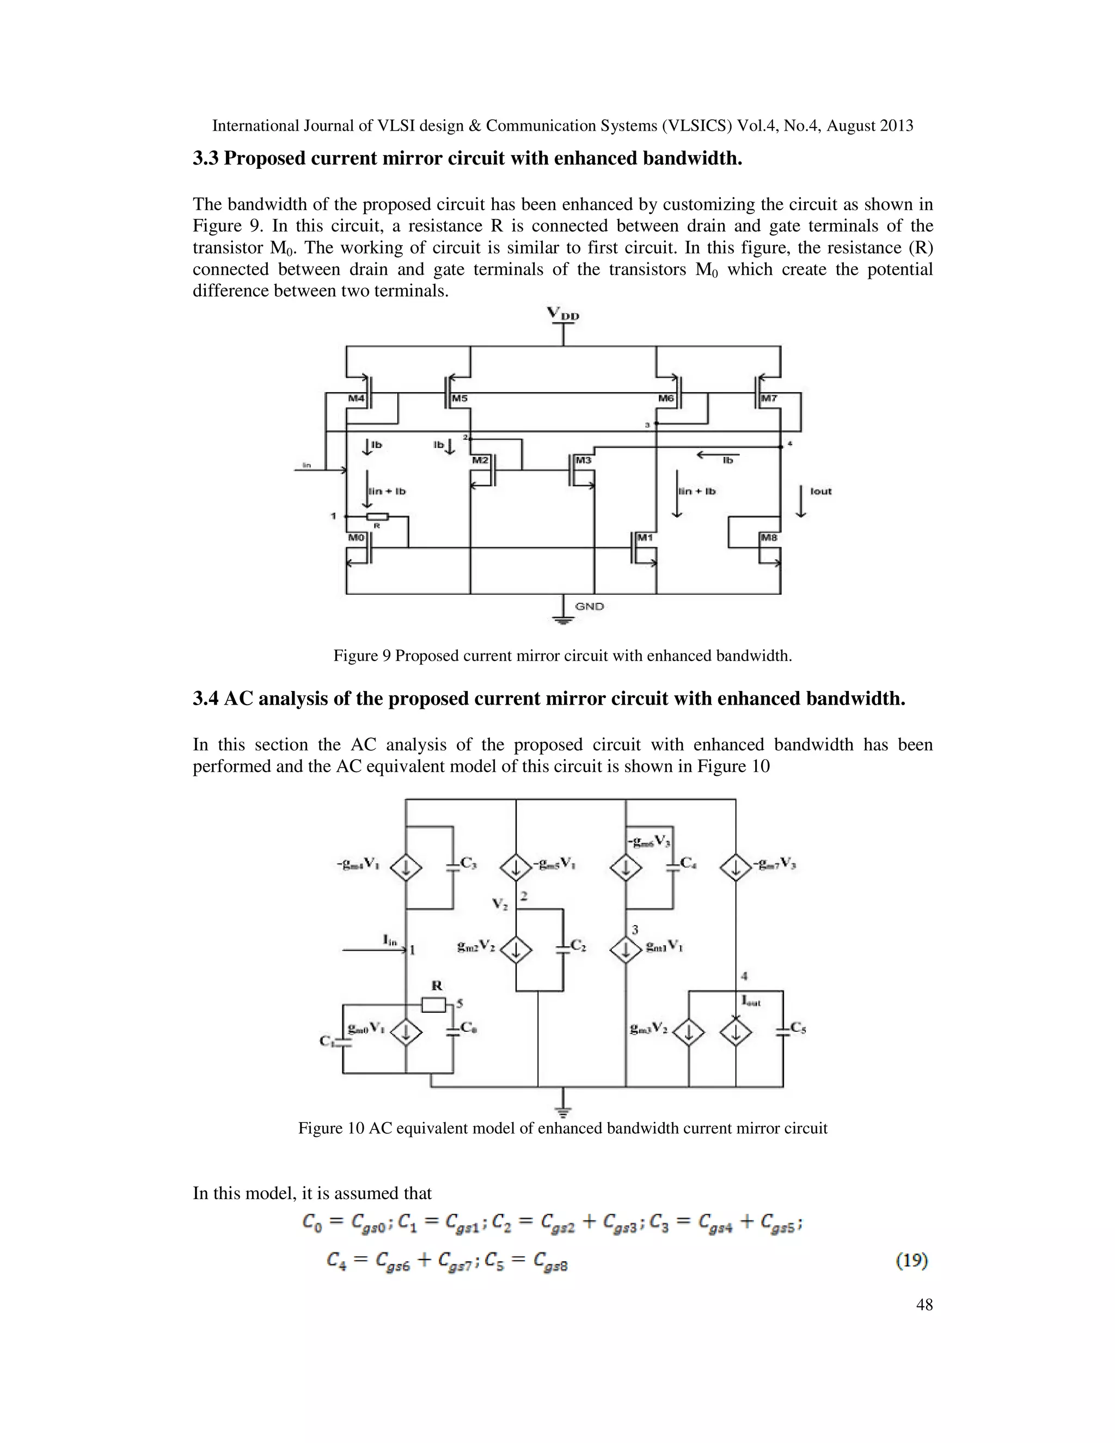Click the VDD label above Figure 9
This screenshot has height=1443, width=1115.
563,314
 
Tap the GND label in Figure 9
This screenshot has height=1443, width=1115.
589,606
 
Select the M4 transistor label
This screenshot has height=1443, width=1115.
357,399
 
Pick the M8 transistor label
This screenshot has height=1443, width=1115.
769,537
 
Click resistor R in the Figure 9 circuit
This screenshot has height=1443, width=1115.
377,517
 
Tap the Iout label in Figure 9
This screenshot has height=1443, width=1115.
820,491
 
